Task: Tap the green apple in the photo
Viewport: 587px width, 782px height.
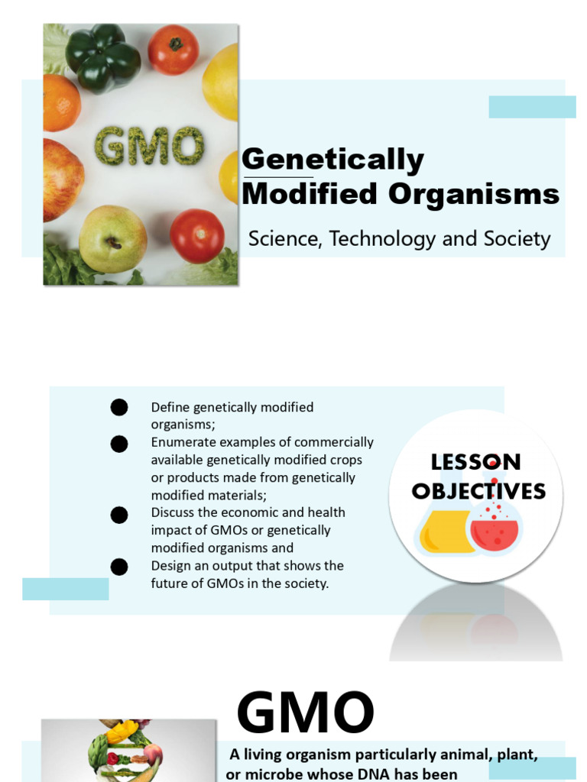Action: tap(112, 238)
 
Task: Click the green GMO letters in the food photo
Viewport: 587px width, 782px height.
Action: tap(148, 146)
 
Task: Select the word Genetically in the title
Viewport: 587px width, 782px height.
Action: tap(332, 160)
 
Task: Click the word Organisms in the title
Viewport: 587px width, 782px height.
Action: tap(474, 194)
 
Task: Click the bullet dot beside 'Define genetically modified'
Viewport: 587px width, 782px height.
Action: tap(119, 408)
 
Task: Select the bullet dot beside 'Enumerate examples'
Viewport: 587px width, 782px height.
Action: tap(119, 444)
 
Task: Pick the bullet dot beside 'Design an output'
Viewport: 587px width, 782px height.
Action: tap(119, 567)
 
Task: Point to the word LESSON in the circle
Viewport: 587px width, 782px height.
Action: tap(475, 462)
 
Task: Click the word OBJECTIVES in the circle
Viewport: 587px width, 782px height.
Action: tap(478, 491)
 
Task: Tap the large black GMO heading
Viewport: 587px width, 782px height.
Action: tap(305, 713)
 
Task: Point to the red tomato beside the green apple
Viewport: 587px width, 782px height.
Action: tap(196, 235)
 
